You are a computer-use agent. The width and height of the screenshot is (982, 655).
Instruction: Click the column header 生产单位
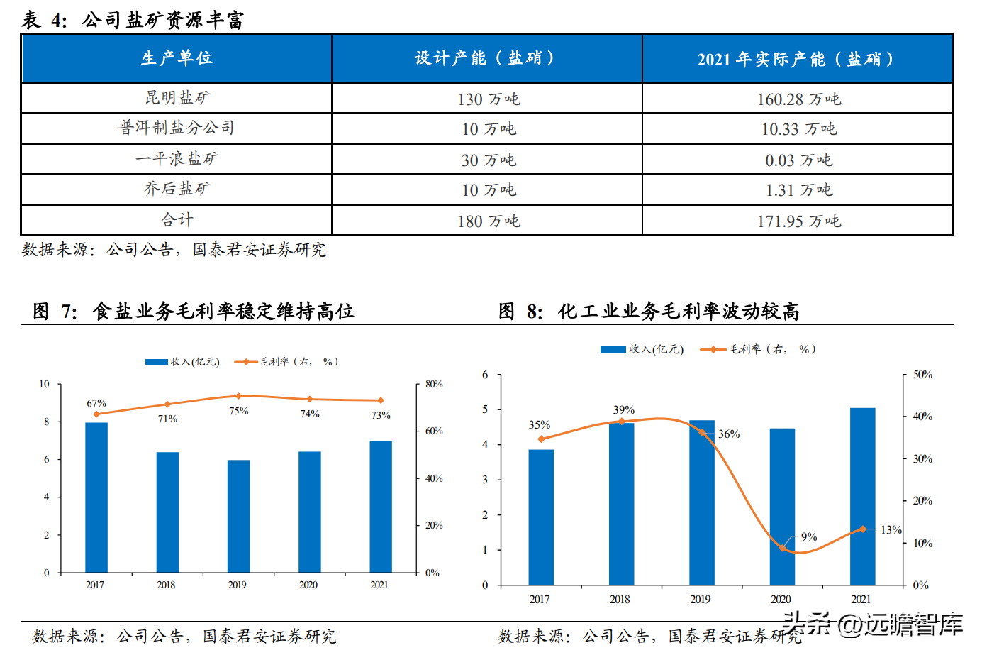(x=177, y=58)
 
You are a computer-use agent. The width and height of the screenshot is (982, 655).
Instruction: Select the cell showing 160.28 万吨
(x=798, y=99)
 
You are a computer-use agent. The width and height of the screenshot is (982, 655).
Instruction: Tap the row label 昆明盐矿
(x=177, y=98)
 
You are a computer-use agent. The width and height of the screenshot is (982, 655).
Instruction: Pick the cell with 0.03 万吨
(x=798, y=160)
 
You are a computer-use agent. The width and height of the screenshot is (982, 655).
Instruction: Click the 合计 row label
(x=177, y=220)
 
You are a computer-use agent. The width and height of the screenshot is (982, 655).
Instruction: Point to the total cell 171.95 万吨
(x=798, y=221)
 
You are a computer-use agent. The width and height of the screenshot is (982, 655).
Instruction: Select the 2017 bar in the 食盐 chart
(x=96, y=497)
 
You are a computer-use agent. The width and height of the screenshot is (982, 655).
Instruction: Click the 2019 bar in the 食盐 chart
(x=238, y=516)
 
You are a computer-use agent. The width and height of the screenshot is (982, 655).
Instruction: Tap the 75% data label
(x=239, y=411)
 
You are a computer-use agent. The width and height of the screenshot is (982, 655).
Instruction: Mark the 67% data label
(x=96, y=403)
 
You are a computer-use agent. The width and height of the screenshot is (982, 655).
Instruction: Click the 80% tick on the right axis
(x=434, y=385)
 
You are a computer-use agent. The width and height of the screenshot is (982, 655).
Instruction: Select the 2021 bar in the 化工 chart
(x=862, y=497)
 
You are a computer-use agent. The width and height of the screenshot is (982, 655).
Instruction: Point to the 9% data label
(x=809, y=536)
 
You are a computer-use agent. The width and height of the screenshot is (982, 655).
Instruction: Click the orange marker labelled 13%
(x=863, y=529)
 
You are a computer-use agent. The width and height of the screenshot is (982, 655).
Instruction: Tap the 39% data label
(x=624, y=410)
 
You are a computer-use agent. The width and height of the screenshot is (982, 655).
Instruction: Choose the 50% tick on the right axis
(x=922, y=375)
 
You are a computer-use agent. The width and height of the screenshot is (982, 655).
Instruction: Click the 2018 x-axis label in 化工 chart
(x=620, y=600)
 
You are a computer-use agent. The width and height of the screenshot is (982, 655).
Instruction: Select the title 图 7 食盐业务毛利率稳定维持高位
(x=194, y=311)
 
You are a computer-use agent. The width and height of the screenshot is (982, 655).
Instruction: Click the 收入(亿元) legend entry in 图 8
(x=642, y=349)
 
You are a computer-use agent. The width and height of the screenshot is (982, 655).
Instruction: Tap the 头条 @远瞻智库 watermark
(x=873, y=624)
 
